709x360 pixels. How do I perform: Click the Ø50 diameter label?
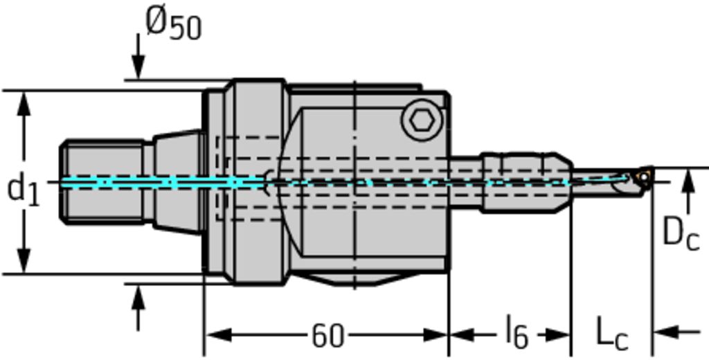174,24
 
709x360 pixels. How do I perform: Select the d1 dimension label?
24,189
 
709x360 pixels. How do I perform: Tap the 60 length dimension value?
327,336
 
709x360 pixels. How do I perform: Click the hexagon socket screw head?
422,120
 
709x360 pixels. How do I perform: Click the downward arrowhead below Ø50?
138,67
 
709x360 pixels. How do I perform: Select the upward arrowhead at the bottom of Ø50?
138,297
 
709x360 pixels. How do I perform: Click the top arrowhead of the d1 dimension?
24,104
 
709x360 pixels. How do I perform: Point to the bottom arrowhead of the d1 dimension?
24,260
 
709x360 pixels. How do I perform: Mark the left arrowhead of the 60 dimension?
218,335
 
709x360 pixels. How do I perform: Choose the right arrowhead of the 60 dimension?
435,335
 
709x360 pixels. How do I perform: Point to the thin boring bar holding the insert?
602,182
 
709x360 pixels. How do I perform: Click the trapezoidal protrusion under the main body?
354,279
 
